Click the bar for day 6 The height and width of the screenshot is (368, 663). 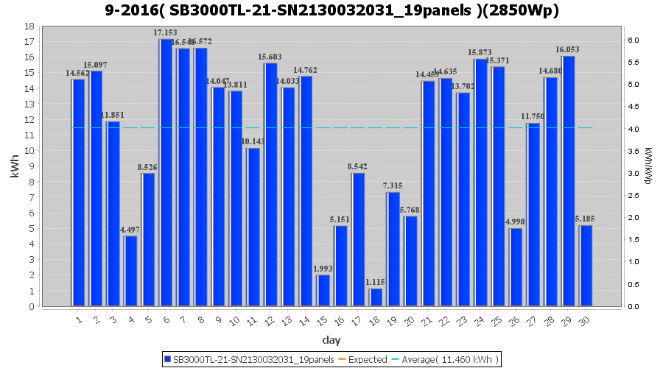pos(166,172)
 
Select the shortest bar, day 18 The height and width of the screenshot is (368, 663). pos(376,297)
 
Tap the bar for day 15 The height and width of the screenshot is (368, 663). pos(323,291)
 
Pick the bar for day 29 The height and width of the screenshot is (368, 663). pos(568,181)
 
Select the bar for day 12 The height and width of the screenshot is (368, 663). pos(270,185)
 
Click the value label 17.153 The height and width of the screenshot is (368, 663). pos(165,33)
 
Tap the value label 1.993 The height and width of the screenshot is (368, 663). pos(323,269)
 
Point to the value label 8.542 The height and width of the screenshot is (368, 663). pos(358,167)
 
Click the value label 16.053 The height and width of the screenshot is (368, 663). pos(567,50)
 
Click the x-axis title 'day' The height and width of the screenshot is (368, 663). pos(331,340)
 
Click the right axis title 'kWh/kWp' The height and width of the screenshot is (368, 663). pos(648,166)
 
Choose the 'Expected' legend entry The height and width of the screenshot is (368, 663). pos(362,359)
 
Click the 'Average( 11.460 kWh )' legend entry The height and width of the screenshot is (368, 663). pos(444,359)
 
